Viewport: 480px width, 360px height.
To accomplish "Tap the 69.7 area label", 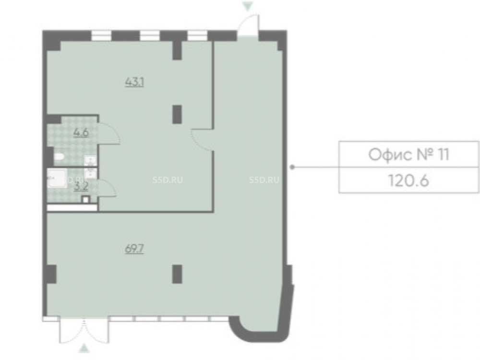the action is point(134,249).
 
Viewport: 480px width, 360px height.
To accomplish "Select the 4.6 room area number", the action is point(81,133).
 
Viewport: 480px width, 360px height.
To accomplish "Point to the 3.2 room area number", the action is point(81,187).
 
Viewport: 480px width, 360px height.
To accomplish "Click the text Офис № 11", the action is point(408,155).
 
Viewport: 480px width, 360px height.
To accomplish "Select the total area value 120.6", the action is point(408,180).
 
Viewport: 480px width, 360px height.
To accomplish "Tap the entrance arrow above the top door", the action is point(248,6).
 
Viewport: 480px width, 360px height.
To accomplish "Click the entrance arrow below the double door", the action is point(84,348).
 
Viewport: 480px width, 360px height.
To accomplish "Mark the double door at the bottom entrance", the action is point(84,331).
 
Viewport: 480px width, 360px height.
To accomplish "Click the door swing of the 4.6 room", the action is point(109,133).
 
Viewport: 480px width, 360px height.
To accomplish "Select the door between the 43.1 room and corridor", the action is point(202,140).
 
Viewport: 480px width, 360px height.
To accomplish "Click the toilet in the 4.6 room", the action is point(59,157).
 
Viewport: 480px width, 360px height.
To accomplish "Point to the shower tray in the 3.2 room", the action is point(57,178).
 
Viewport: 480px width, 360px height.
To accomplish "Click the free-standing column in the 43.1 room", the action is point(177,114).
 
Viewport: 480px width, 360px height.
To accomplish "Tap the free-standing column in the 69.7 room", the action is point(177,274).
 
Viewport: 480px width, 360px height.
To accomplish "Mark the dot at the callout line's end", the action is point(292,167).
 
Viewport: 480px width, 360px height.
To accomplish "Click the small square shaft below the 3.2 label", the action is point(86,199).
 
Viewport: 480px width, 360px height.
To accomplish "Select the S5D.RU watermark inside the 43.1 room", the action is point(168,180).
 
